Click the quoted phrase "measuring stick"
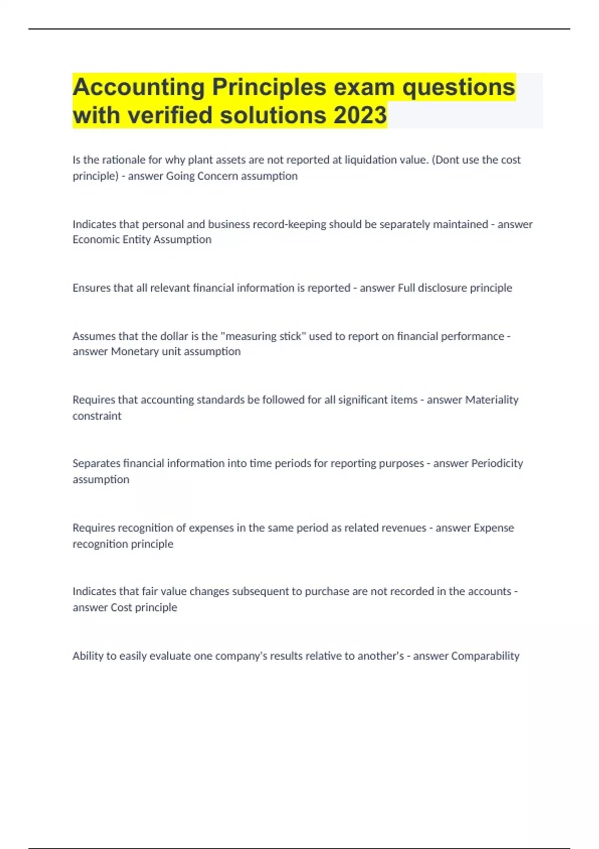tap(263, 336)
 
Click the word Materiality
tap(492, 400)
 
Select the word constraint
tap(97, 416)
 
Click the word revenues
tap(403, 528)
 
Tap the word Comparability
tap(485, 656)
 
